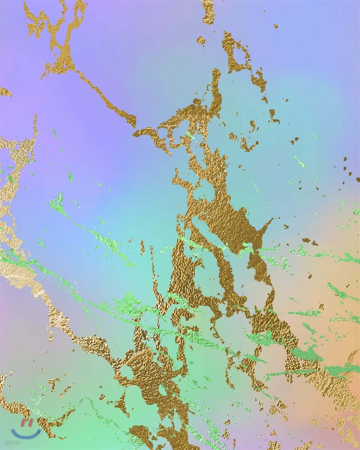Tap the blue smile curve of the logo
click(x=26, y=434)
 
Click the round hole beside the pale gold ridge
click(x=127, y=372)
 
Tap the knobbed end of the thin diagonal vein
click(x=130, y=120)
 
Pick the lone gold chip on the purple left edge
click(x=6, y=92)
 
